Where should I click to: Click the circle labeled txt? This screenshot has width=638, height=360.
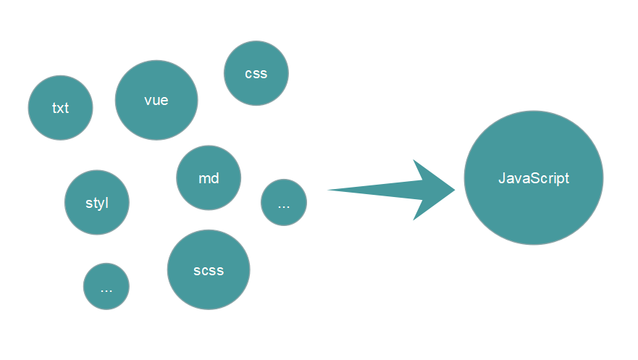click(x=61, y=108)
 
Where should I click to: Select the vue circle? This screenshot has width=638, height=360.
click(x=156, y=100)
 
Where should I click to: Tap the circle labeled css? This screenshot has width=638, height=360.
click(x=256, y=73)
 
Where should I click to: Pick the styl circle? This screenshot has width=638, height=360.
click(x=97, y=203)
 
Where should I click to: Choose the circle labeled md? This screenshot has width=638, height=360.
click(x=209, y=177)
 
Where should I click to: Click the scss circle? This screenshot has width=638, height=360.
click(x=209, y=270)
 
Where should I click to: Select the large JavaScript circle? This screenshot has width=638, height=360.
click(x=534, y=178)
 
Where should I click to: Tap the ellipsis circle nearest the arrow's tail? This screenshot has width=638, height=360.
click(x=284, y=203)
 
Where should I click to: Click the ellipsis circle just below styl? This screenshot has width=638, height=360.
click(x=106, y=286)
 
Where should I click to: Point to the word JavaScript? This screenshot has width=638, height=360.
click(x=534, y=178)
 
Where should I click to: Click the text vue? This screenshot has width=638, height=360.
click(x=156, y=100)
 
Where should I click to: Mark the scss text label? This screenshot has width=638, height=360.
click(x=209, y=271)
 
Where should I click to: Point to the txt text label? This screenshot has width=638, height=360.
click(x=61, y=109)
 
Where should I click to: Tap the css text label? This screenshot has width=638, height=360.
click(x=256, y=74)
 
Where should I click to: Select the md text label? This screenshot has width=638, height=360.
click(x=209, y=178)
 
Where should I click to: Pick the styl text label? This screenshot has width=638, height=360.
click(x=97, y=203)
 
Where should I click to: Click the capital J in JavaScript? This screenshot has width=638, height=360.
click(x=502, y=178)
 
